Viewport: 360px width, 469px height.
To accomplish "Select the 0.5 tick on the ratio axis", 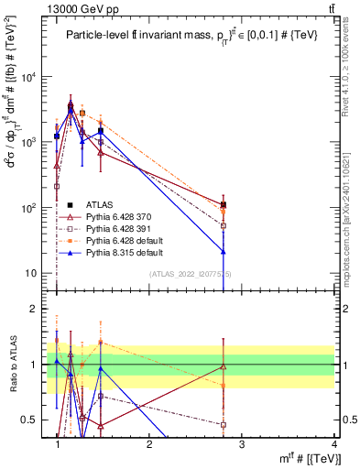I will [33, 420].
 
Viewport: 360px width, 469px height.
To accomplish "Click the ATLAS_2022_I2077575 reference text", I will [191, 274].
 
